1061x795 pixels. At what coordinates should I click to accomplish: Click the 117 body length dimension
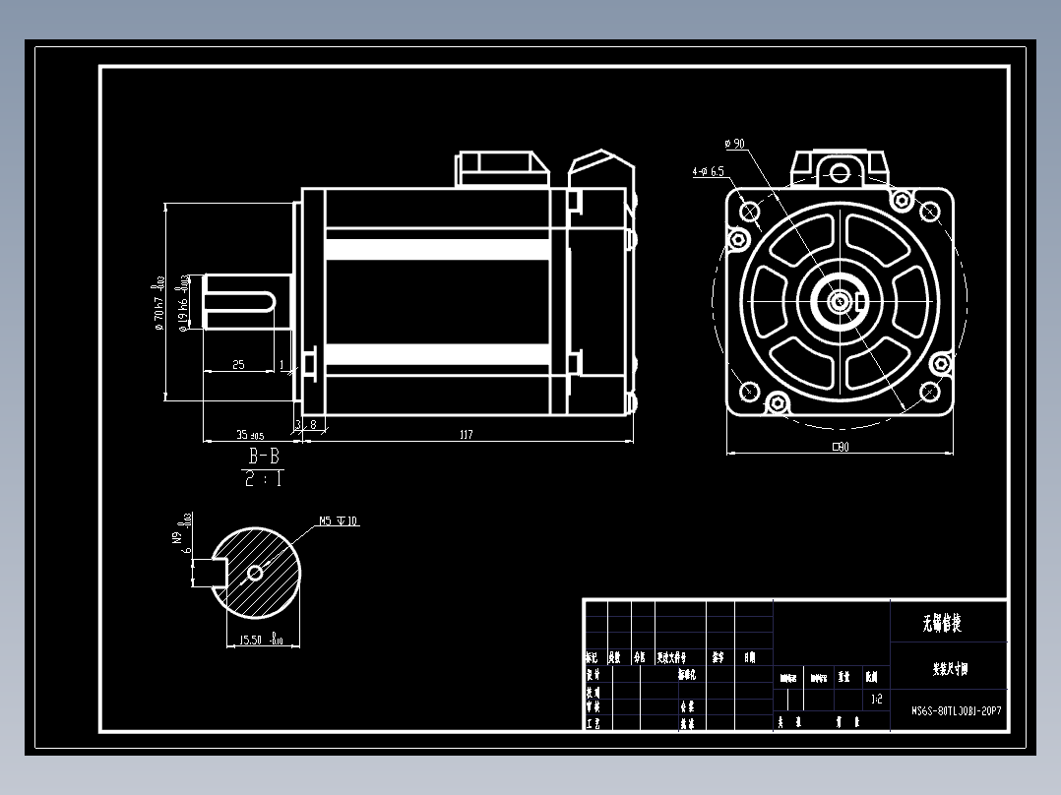466,434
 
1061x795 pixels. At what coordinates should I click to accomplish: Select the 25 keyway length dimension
238,365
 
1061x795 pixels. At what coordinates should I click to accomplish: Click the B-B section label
263,457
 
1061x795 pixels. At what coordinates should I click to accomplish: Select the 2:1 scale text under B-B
263,480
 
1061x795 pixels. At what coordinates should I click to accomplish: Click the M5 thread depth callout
338,520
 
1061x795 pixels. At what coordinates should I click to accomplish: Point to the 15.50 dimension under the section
257,641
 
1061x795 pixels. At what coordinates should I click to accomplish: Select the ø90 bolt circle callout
735,144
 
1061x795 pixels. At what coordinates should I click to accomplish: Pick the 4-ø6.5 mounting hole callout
708,171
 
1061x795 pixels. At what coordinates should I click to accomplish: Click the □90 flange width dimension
840,447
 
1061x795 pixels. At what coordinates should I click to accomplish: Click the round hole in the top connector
840,174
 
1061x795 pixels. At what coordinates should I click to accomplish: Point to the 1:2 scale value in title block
876,701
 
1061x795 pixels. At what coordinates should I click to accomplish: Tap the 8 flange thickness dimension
313,424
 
